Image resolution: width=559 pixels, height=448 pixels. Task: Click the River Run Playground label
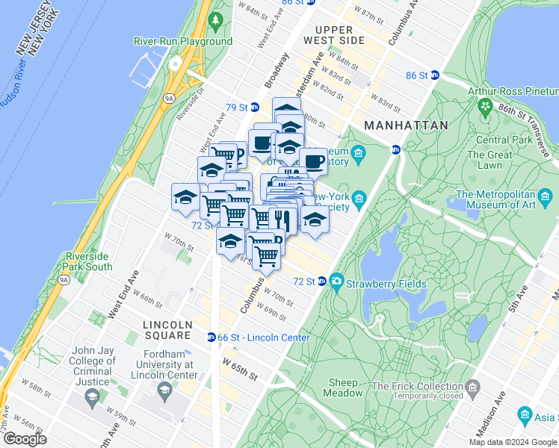[x=183, y=42]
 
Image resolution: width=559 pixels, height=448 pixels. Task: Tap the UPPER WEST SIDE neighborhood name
[x=334, y=34]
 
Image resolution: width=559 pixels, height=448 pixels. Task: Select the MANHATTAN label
[x=406, y=125]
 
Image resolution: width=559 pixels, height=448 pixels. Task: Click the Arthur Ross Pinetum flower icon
[x=487, y=107]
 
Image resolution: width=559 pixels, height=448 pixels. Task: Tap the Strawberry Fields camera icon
[x=337, y=282]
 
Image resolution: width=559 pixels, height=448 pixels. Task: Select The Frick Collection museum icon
[x=472, y=386]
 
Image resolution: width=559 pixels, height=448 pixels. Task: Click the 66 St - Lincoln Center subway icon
[x=211, y=337]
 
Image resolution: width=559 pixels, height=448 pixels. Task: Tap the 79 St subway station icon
[x=254, y=108]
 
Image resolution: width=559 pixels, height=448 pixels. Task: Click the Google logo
[x=25, y=439]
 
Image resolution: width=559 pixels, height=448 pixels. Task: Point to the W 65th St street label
[x=239, y=367]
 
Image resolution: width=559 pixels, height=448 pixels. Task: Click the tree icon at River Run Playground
[x=217, y=18]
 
